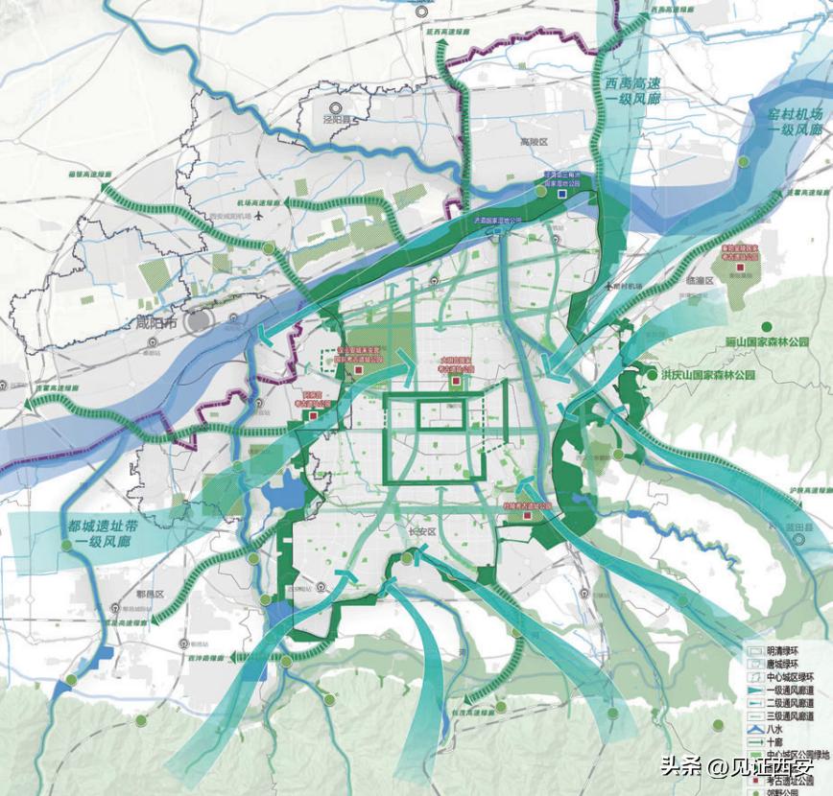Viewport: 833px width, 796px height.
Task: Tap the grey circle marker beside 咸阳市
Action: pyautogui.click(x=198, y=320)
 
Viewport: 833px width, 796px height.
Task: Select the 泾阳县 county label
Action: pyautogui.click(x=337, y=122)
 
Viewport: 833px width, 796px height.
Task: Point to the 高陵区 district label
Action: pyautogui.click(x=533, y=142)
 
